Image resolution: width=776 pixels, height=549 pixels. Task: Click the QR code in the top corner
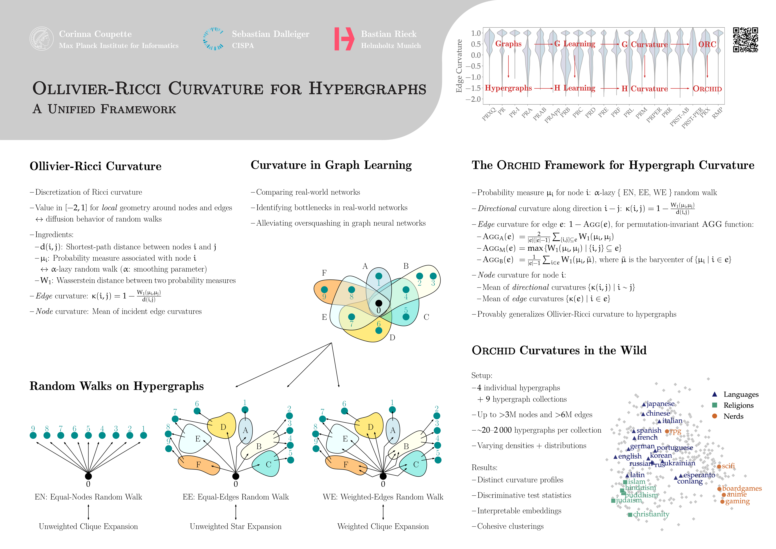(x=745, y=40)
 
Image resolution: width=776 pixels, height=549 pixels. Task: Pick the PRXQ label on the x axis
(x=489, y=114)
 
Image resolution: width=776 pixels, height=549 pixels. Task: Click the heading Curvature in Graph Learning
(x=331, y=165)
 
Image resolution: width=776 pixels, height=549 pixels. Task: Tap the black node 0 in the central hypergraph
(x=379, y=303)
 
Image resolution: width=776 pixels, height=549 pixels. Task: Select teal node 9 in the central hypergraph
(x=324, y=290)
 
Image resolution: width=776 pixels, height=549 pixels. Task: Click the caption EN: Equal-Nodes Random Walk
(x=88, y=497)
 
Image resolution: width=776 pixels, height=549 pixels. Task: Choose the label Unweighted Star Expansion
(x=236, y=526)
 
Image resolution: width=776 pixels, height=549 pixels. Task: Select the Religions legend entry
(x=738, y=405)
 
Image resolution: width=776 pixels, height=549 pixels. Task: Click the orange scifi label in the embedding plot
(x=728, y=466)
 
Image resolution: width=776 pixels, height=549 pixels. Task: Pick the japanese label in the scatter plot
(x=660, y=404)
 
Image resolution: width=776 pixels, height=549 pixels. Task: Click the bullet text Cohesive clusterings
(x=510, y=526)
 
